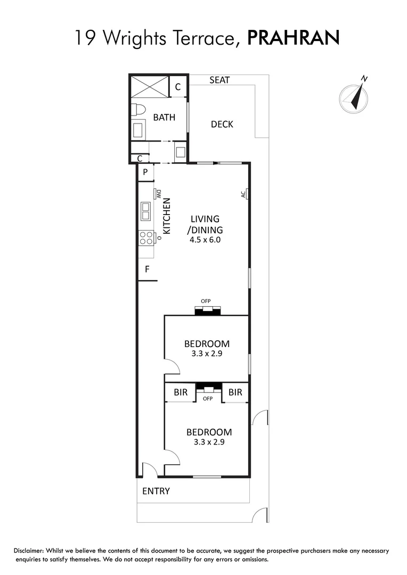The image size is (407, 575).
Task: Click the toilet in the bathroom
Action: click(138, 110)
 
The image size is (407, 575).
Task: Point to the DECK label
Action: click(222, 124)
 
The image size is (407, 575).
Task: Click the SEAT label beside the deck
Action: click(219, 80)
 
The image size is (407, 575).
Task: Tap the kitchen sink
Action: click(145, 211)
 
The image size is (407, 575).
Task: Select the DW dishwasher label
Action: click(158, 194)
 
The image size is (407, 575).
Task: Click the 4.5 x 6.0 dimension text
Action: click(205, 240)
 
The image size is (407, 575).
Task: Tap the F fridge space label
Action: click(146, 270)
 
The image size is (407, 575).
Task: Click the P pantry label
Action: click(145, 172)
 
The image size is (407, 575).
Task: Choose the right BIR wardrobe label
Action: click(235, 392)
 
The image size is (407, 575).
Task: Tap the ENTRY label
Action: click(156, 491)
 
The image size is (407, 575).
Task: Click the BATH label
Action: click(164, 117)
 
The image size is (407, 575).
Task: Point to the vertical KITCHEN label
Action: click(166, 216)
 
